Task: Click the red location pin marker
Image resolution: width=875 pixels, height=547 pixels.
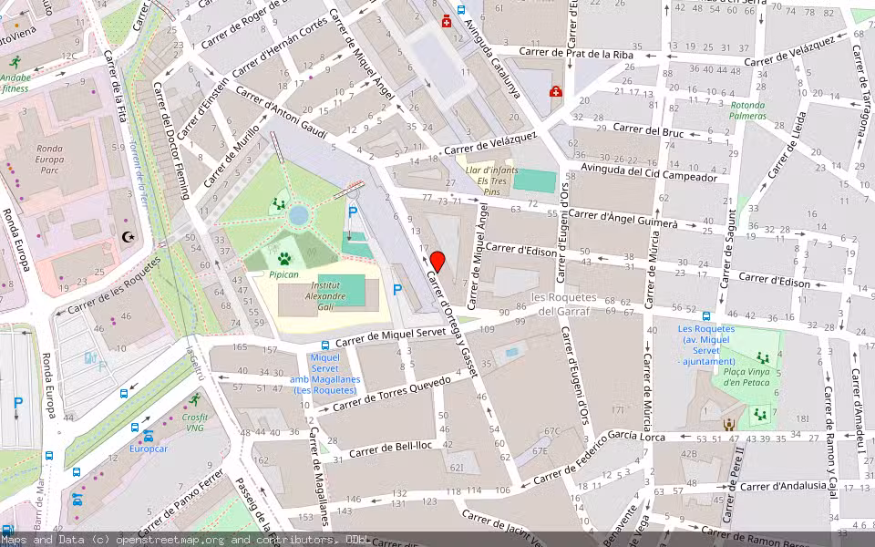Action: (x=437, y=262)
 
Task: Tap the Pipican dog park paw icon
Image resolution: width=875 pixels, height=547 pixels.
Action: (x=283, y=258)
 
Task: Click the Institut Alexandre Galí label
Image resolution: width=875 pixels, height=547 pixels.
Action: (x=324, y=290)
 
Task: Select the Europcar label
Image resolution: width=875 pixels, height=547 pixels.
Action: (x=148, y=448)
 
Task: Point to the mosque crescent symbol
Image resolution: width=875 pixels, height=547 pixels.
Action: (x=128, y=237)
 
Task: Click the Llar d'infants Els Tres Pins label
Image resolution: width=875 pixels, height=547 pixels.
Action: (x=491, y=181)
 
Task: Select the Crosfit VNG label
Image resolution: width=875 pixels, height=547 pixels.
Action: (x=195, y=422)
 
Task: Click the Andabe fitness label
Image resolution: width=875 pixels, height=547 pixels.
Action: (x=15, y=83)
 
